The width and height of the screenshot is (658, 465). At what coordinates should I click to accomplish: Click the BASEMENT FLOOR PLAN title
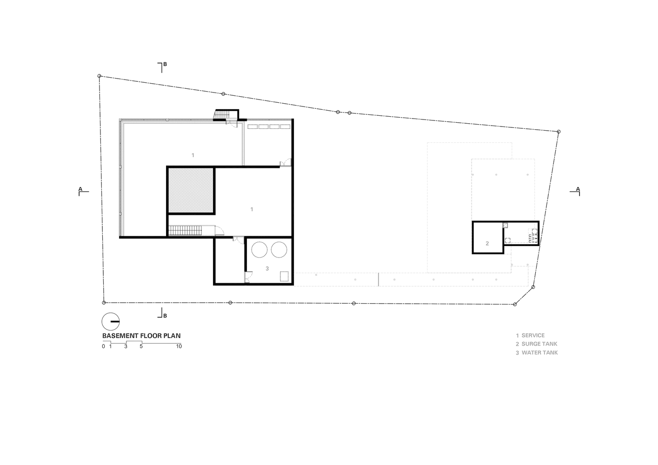(141, 336)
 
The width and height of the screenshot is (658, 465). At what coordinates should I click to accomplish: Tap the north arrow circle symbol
(111, 321)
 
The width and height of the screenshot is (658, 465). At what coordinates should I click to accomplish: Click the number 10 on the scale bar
(179, 346)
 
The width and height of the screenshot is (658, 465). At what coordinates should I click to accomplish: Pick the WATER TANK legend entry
(537, 353)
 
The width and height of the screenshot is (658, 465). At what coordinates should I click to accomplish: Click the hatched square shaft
(191, 191)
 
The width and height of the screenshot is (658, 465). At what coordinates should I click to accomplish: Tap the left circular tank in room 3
(259, 250)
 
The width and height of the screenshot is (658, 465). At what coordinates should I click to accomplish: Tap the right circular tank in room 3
(279, 250)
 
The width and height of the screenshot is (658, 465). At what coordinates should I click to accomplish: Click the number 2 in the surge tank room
(487, 244)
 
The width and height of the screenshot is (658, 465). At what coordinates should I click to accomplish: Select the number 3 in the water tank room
(267, 269)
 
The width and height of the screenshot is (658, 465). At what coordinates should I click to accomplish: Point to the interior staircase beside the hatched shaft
(185, 231)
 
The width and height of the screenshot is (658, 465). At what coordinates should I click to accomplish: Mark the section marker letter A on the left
(80, 189)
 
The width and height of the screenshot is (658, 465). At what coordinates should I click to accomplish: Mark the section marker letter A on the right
(578, 189)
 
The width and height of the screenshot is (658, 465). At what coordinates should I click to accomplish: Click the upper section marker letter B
(165, 64)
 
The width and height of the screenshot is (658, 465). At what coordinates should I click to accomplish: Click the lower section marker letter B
(165, 316)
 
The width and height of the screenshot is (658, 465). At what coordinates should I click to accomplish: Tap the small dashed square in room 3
(284, 276)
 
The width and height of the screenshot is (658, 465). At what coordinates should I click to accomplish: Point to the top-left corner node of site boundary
(99, 76)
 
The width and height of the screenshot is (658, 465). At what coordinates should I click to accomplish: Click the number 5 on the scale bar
(141, 346)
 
